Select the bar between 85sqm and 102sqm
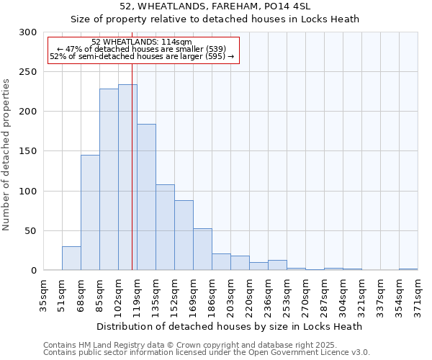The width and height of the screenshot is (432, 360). click(x=109, y=179)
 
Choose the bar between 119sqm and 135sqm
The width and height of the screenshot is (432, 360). click(x=146, y=197)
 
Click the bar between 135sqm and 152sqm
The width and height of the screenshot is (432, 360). click(x=165, y=228)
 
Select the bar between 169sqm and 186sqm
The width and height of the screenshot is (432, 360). click(x=202, y=249)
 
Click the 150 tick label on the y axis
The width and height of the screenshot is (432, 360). click(x=28, y=151)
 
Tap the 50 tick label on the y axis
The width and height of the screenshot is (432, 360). click(x=31, y=231)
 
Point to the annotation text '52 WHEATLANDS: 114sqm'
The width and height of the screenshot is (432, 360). click(x=142, y=42)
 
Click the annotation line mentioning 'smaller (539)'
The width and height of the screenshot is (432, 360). click(x=142, y=49)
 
